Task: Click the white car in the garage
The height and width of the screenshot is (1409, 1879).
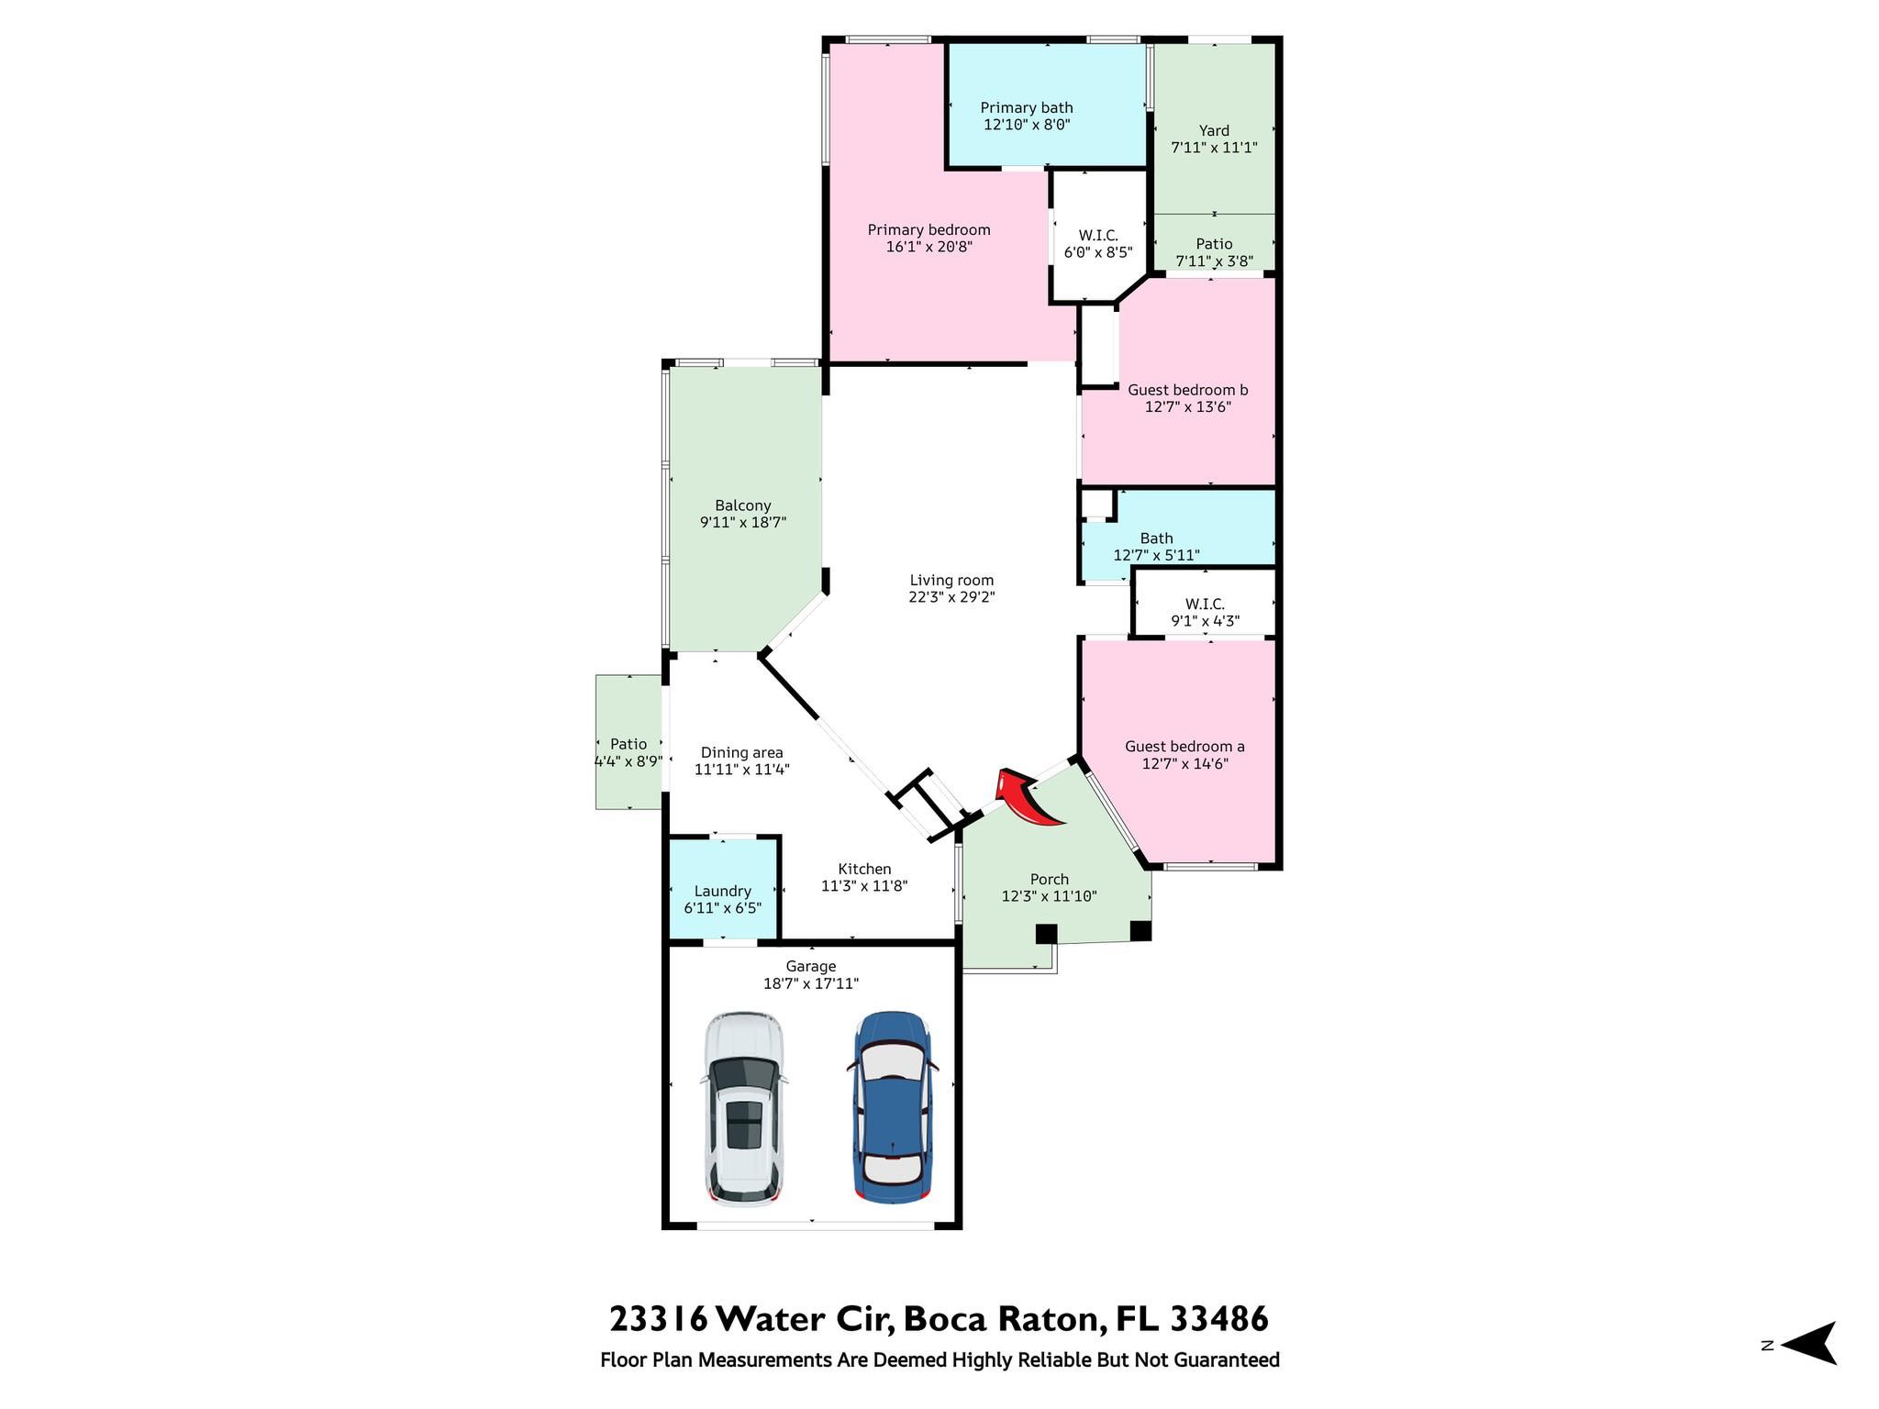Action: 744,1108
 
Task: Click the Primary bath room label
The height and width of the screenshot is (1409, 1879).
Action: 1027,107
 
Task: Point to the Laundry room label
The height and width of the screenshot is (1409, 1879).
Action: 723,891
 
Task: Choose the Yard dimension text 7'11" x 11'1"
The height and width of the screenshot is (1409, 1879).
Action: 1214,147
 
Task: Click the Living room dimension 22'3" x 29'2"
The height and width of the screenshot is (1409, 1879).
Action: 952,596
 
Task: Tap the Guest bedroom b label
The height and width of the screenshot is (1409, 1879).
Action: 1188,390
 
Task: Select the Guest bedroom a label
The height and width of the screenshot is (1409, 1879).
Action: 1185,747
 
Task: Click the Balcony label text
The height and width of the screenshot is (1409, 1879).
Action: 743,505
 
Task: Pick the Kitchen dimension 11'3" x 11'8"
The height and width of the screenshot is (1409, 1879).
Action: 864,886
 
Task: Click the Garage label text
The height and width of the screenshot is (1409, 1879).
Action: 811,966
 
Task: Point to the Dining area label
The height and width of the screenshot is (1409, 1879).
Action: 742,753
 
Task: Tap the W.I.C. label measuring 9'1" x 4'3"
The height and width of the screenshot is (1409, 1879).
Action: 1205,604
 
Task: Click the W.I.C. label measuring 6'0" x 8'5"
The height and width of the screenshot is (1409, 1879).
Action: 1098,236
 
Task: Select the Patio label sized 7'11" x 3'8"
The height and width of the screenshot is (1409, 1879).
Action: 1214,244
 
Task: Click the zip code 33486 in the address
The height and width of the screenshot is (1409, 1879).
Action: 1219,1319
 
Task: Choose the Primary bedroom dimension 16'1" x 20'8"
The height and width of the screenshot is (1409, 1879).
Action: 929,247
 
